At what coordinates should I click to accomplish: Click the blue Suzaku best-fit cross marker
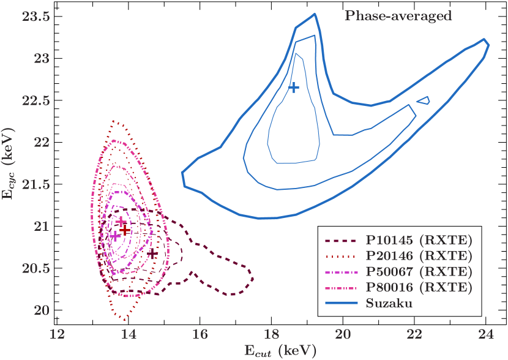coord(294,88)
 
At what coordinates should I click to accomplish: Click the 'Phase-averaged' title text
coord(398,16)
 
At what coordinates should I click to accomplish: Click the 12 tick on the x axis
coord(57,334)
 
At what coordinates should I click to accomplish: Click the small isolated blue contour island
coord(423,100)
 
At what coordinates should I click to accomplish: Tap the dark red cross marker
coord(124,230)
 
